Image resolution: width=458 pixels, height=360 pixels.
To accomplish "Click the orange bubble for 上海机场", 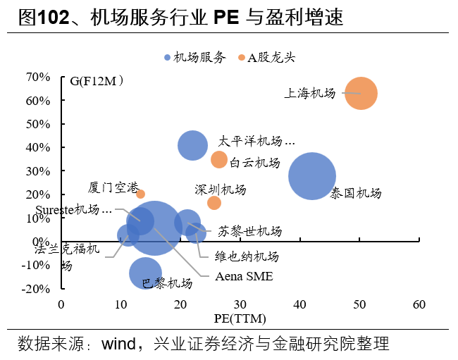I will (361, 93).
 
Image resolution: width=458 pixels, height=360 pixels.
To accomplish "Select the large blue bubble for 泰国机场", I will (312, 176).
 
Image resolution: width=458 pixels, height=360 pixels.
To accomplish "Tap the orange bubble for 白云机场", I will (219, 159).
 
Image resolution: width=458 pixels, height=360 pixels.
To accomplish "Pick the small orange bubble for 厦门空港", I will (140, 194).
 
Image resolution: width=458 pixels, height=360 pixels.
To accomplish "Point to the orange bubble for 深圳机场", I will (214, 203).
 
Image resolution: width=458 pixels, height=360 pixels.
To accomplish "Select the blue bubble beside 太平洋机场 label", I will (192, 145).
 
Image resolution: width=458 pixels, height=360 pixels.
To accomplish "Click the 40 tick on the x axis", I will (300, 304).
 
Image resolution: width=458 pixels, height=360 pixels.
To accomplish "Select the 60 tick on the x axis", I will (419, 304).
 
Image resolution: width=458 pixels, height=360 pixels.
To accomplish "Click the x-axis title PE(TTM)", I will (240, 318).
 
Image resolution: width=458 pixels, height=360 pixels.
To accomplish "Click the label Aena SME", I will (244, 276).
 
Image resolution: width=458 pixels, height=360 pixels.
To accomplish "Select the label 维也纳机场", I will (247, 256).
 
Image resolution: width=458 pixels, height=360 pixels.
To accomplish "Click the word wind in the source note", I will (121, 345).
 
